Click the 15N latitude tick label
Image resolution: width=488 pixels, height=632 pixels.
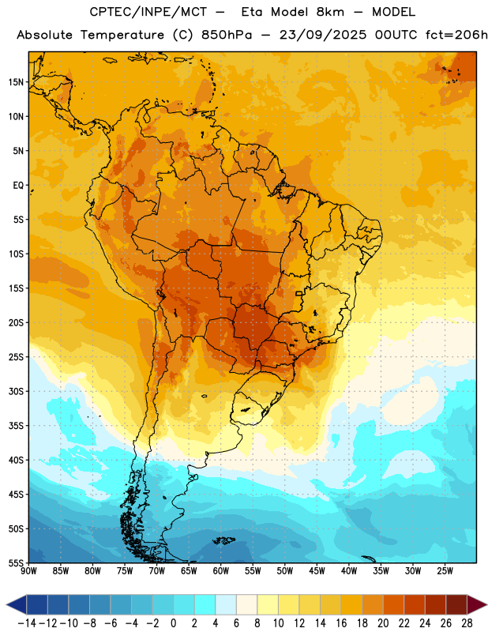16,82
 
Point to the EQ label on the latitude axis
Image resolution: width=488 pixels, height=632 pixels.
18,186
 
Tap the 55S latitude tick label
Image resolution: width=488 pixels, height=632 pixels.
16,562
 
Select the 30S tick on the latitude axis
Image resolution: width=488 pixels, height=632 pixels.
16,391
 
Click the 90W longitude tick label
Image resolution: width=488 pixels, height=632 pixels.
28,571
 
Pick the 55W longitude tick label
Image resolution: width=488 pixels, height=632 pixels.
253,571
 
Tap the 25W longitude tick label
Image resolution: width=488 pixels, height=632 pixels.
445,571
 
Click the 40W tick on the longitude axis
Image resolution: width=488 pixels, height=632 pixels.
349,571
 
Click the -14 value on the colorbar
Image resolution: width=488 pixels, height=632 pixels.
27,623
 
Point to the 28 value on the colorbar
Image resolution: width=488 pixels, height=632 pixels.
467,623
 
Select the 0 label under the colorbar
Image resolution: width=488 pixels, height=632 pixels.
173,623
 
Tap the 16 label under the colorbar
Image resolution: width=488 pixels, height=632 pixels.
341,623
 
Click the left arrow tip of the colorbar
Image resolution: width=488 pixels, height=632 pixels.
6,604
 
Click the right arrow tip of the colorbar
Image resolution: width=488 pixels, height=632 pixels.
487,604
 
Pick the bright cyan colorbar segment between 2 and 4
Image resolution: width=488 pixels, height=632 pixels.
205,604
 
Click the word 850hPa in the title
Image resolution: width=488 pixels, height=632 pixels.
227,35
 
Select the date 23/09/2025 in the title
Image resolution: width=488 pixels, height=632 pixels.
323,35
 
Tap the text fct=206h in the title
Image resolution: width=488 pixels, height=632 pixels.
456,35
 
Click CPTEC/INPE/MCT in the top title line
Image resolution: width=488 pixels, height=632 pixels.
148,12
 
